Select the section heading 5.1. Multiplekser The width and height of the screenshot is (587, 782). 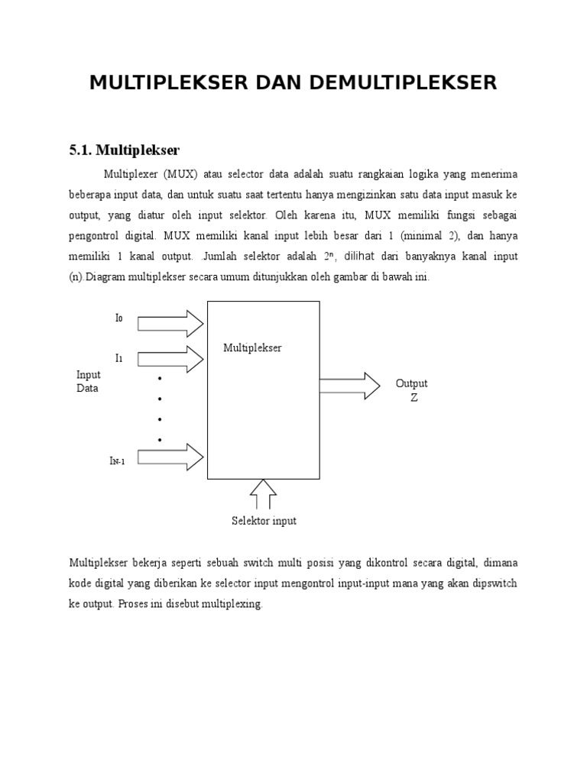(x=124, y=150)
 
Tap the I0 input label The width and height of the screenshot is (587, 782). (x=118, y=318)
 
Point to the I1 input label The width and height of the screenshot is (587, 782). (x=118, y=357)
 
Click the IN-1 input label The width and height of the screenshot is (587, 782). (x=117, y=461)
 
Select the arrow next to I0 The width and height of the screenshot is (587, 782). (x=170, y=324)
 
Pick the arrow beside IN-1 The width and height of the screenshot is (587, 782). (x=170, y=457)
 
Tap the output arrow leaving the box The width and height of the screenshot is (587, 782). (x=349, y=386)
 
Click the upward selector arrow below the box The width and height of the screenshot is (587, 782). (x=264, y=494)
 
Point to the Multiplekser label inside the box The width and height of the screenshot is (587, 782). (x=252, y=348)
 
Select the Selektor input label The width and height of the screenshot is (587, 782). (x=264, y=521)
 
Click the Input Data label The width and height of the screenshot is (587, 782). (x=88, y=381)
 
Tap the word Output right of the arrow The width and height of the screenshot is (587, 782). (x=411, y=383)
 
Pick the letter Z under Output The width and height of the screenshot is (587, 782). (x=414, y=398)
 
